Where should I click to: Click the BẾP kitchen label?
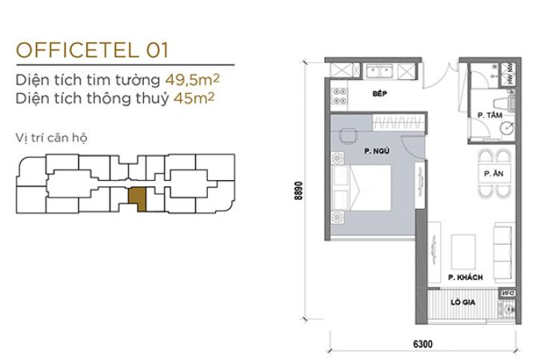point(380,94)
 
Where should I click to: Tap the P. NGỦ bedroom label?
point(377,151)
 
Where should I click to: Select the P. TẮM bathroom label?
point(490,115)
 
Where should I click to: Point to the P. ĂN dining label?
point(494,174)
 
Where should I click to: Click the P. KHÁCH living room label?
point(466,278)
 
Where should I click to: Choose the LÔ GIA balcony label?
point(463,302)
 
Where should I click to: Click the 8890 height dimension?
point(298,190)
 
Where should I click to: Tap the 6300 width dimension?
point(422,344)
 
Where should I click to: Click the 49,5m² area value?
point(192,80)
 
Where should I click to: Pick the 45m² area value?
point(194,98)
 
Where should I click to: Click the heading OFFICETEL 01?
point(92,50)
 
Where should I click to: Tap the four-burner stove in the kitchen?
point(339,96)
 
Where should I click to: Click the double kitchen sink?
point(380,72)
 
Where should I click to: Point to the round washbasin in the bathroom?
point(507,129)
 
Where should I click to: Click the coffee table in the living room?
point(463,252)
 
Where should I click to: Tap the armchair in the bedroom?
point(348,136)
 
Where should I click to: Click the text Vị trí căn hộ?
point(51,138)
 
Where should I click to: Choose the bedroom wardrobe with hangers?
point(398,122)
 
